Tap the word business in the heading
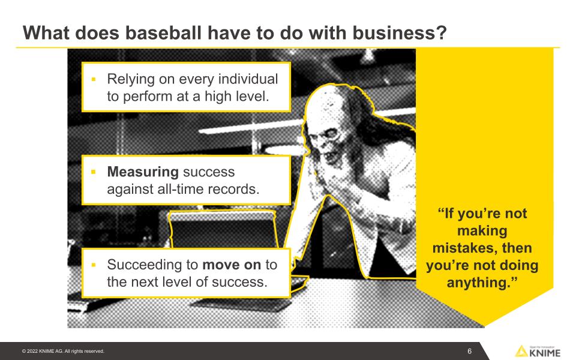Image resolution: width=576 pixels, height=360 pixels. tap(395, 32)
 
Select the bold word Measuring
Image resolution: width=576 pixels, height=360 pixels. tap(143, 172)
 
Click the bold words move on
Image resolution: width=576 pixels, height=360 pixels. tap(232, 265)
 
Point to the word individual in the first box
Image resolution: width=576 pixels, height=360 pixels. tap(248, 79)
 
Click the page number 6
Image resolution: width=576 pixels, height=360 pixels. tap(469, 351)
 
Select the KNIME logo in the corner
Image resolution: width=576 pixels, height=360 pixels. tap(538, 352)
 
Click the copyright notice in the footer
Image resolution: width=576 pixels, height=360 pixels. tap(63, 351)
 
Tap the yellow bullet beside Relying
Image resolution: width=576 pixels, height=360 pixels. tap(94, 79)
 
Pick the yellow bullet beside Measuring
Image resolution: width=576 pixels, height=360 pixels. tap(94, 172)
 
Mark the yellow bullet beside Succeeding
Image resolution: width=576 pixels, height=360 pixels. tap(94, 265)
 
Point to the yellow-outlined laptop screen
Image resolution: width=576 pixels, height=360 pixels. tap(223, 229)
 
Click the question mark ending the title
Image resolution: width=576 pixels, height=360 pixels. tap(442, 32)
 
